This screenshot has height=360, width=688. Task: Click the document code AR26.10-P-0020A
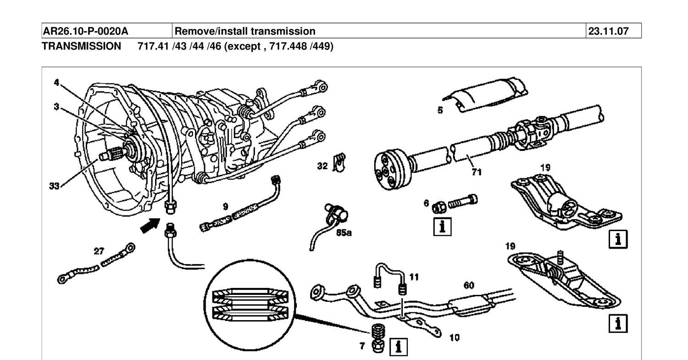[85, 31]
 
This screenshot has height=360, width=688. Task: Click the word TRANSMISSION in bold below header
[82, 46]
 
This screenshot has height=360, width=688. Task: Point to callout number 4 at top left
[56, 83]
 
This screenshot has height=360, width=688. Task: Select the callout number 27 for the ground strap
[99, 251]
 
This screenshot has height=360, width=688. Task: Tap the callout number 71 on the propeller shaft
[477, 172]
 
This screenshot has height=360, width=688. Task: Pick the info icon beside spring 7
[398, 347]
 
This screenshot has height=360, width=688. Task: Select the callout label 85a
[344, 233]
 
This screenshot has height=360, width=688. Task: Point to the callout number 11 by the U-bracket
[415, 277]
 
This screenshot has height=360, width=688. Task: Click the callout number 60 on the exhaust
[468, 285]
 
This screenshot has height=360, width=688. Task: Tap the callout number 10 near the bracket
[454, 338]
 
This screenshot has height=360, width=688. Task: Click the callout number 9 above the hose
[225, 206]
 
